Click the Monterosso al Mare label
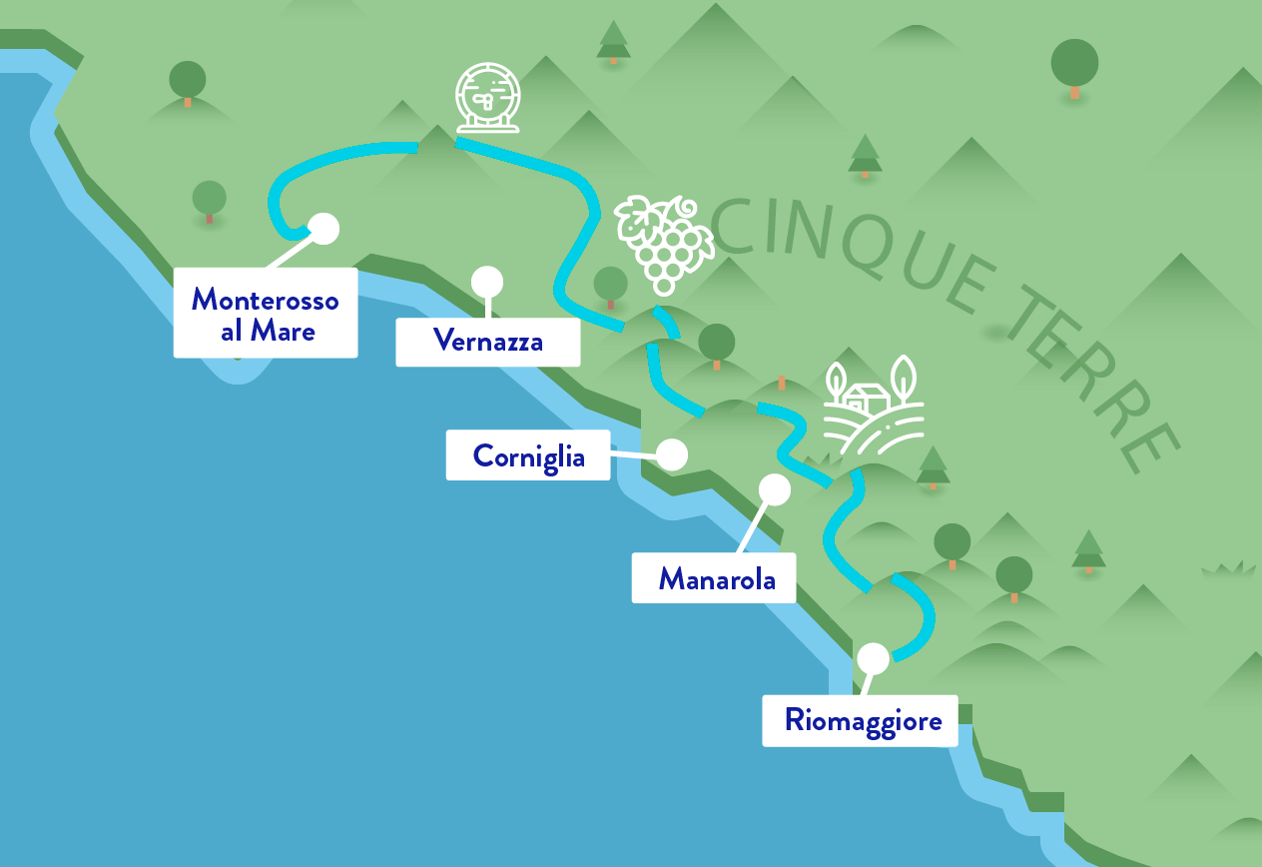(266, 313)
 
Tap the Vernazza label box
(488, 342)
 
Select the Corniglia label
(527, 455)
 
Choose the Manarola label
(714, 578)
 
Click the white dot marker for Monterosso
(323, 229)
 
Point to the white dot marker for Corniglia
(672, 454)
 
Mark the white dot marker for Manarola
(775, 489)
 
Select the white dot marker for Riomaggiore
(873, 658)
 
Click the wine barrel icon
(488, 98)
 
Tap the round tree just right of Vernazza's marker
(610, 286)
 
